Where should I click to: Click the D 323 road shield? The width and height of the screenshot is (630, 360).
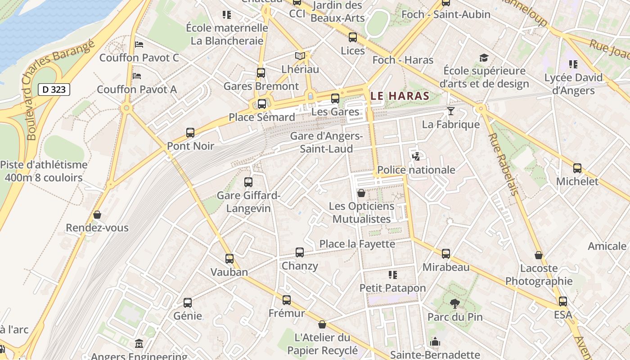[x=54, y=90]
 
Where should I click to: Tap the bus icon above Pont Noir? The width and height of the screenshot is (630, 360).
[x=190, y=133]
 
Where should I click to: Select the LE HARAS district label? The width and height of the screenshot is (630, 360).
[x=400, y=96]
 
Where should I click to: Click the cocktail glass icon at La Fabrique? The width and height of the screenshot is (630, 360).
[x=450, y=111]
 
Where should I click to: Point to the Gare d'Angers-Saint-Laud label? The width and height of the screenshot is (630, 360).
[x=326, y=142]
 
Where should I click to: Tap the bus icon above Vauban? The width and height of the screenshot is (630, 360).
[x=229, y=259]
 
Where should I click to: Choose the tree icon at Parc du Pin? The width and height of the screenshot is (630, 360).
[x=455, y=303]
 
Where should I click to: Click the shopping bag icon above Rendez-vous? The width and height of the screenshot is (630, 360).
[x=97, y=215]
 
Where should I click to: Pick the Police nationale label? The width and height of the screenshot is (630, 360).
[x=416, y=170]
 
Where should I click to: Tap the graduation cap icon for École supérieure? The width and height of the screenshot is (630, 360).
[x=484, y=58]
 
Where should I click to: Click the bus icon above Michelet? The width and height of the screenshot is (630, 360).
[x=577, y=168]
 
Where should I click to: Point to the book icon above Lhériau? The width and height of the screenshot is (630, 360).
[x=300, y=56]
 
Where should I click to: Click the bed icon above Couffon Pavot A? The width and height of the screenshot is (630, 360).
[x=137, y=76]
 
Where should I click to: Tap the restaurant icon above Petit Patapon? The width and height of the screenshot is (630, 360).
[x=392, y=274]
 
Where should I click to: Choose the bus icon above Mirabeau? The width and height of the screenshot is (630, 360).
[x=446, y=254]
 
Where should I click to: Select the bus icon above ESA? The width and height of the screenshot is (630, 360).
[x=563, y=301]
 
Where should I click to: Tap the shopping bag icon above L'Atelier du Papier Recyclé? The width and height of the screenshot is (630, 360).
[x=322, y=324]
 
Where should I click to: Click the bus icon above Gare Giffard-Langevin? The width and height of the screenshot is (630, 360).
[x=248, y=182]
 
